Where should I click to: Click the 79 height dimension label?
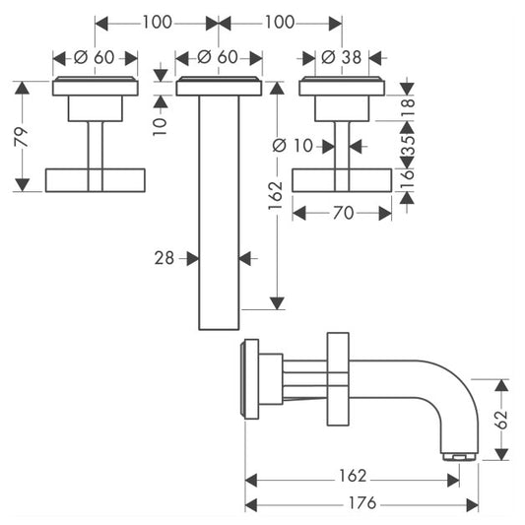22,137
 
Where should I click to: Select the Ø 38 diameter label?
341,57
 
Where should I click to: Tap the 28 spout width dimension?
164,258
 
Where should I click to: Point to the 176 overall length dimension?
362,503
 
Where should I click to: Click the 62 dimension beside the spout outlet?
501,420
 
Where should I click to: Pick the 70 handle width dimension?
343,213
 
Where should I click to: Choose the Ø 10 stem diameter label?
293,146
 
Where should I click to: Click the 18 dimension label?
408,107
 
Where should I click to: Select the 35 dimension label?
408,145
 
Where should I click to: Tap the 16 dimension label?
408,179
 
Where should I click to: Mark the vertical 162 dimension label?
276,195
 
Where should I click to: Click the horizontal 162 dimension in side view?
353,476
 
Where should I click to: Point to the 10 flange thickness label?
160,126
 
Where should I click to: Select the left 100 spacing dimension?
157,22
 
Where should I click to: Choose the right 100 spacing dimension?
280,22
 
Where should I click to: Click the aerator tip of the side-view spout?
459,456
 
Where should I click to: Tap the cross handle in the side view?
338,379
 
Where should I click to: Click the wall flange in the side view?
250,379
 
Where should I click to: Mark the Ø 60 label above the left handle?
95,57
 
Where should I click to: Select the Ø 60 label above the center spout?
218,57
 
